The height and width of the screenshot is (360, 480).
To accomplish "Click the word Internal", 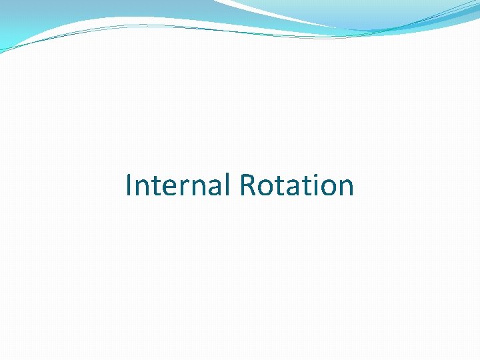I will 178,185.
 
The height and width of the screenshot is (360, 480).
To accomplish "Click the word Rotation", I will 296,185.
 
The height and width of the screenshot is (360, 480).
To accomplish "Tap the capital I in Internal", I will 129,185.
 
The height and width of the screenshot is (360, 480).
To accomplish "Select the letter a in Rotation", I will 291,188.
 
